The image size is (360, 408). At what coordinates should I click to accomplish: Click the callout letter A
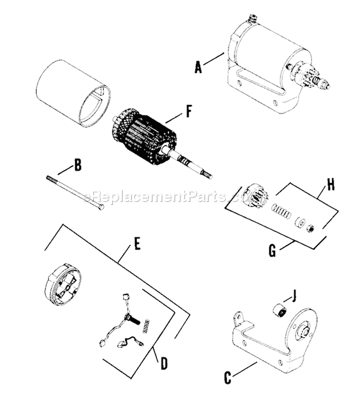(x=198, y=67)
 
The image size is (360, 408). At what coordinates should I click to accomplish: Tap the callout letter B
(x=77, y=165)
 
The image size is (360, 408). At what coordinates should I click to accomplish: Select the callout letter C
(x=228, y=378)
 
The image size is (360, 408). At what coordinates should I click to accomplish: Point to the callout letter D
(x=164, y=363)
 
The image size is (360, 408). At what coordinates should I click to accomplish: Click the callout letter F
(x=189, y=111)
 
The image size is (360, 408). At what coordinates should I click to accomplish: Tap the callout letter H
(x=330, y=185)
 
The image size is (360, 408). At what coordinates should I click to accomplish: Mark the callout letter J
(x=294, y=296)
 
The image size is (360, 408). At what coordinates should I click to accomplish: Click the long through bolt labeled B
(x=75, y=192)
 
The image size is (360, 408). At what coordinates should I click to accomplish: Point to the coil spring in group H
(x=281, y=212)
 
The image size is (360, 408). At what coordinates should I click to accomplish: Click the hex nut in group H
(x=311, y=228)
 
